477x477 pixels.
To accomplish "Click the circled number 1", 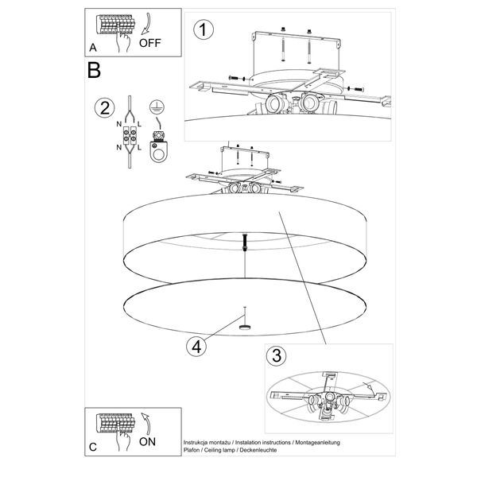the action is point(204,30).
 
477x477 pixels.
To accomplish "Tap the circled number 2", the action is point(105,108).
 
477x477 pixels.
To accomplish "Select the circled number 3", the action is point(276,355).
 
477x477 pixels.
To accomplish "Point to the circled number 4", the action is point(196,347).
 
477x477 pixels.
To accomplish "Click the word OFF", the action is point(150,43).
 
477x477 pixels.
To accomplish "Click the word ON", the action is point(147,442).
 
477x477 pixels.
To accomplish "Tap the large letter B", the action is point(94,70).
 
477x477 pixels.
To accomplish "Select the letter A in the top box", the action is point(93,48).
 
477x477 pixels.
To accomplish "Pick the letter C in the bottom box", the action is point(93,447).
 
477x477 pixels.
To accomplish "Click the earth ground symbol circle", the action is point(157,107).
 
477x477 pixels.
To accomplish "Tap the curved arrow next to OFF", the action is point(146,24).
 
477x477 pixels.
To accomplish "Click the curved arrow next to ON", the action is point(146,424).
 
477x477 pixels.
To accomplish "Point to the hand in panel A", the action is point(123,41).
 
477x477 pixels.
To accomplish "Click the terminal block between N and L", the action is point(130,135).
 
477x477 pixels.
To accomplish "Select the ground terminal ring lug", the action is point(158,151).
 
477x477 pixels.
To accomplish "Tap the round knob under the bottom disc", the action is point(245,328).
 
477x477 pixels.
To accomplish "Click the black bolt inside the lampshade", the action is point(245,242).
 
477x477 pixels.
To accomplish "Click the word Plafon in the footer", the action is point(192,450).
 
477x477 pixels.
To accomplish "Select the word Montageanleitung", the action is point(317,443).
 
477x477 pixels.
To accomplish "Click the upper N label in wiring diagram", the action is point(119,124).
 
